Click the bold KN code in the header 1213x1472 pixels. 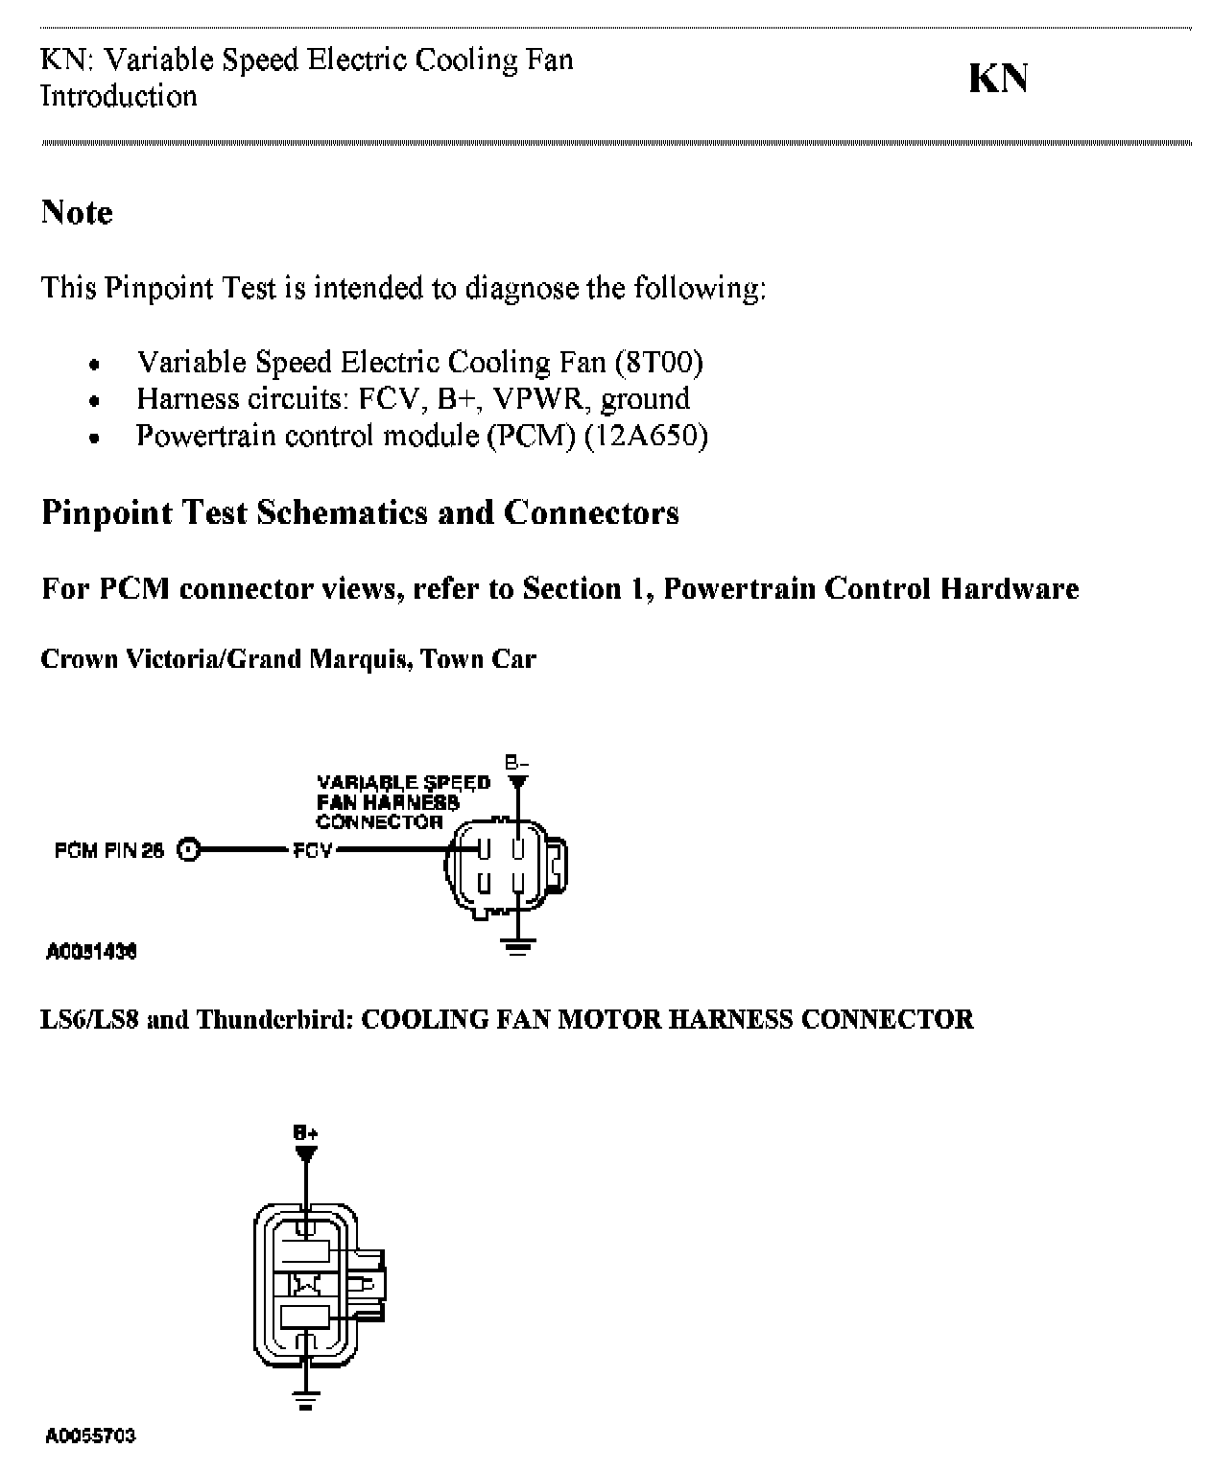coord(998,79)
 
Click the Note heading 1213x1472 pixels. coord(77,212)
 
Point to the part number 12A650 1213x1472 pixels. coord(646,437)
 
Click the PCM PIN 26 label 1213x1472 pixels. coord(109,849)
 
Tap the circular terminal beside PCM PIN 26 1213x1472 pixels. coord(189,849)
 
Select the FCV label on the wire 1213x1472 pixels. coord(313,849)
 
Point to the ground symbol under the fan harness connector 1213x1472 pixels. coord(517,947)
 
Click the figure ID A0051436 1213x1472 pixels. coord(91,952)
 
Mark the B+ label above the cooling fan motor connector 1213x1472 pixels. coord(306,1132)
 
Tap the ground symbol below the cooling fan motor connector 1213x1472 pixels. coord(306,1402)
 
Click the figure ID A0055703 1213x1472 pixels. coord(91,1436)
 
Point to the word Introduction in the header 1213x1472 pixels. coord(119,96)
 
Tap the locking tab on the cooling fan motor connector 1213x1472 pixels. coord(369,1282)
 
